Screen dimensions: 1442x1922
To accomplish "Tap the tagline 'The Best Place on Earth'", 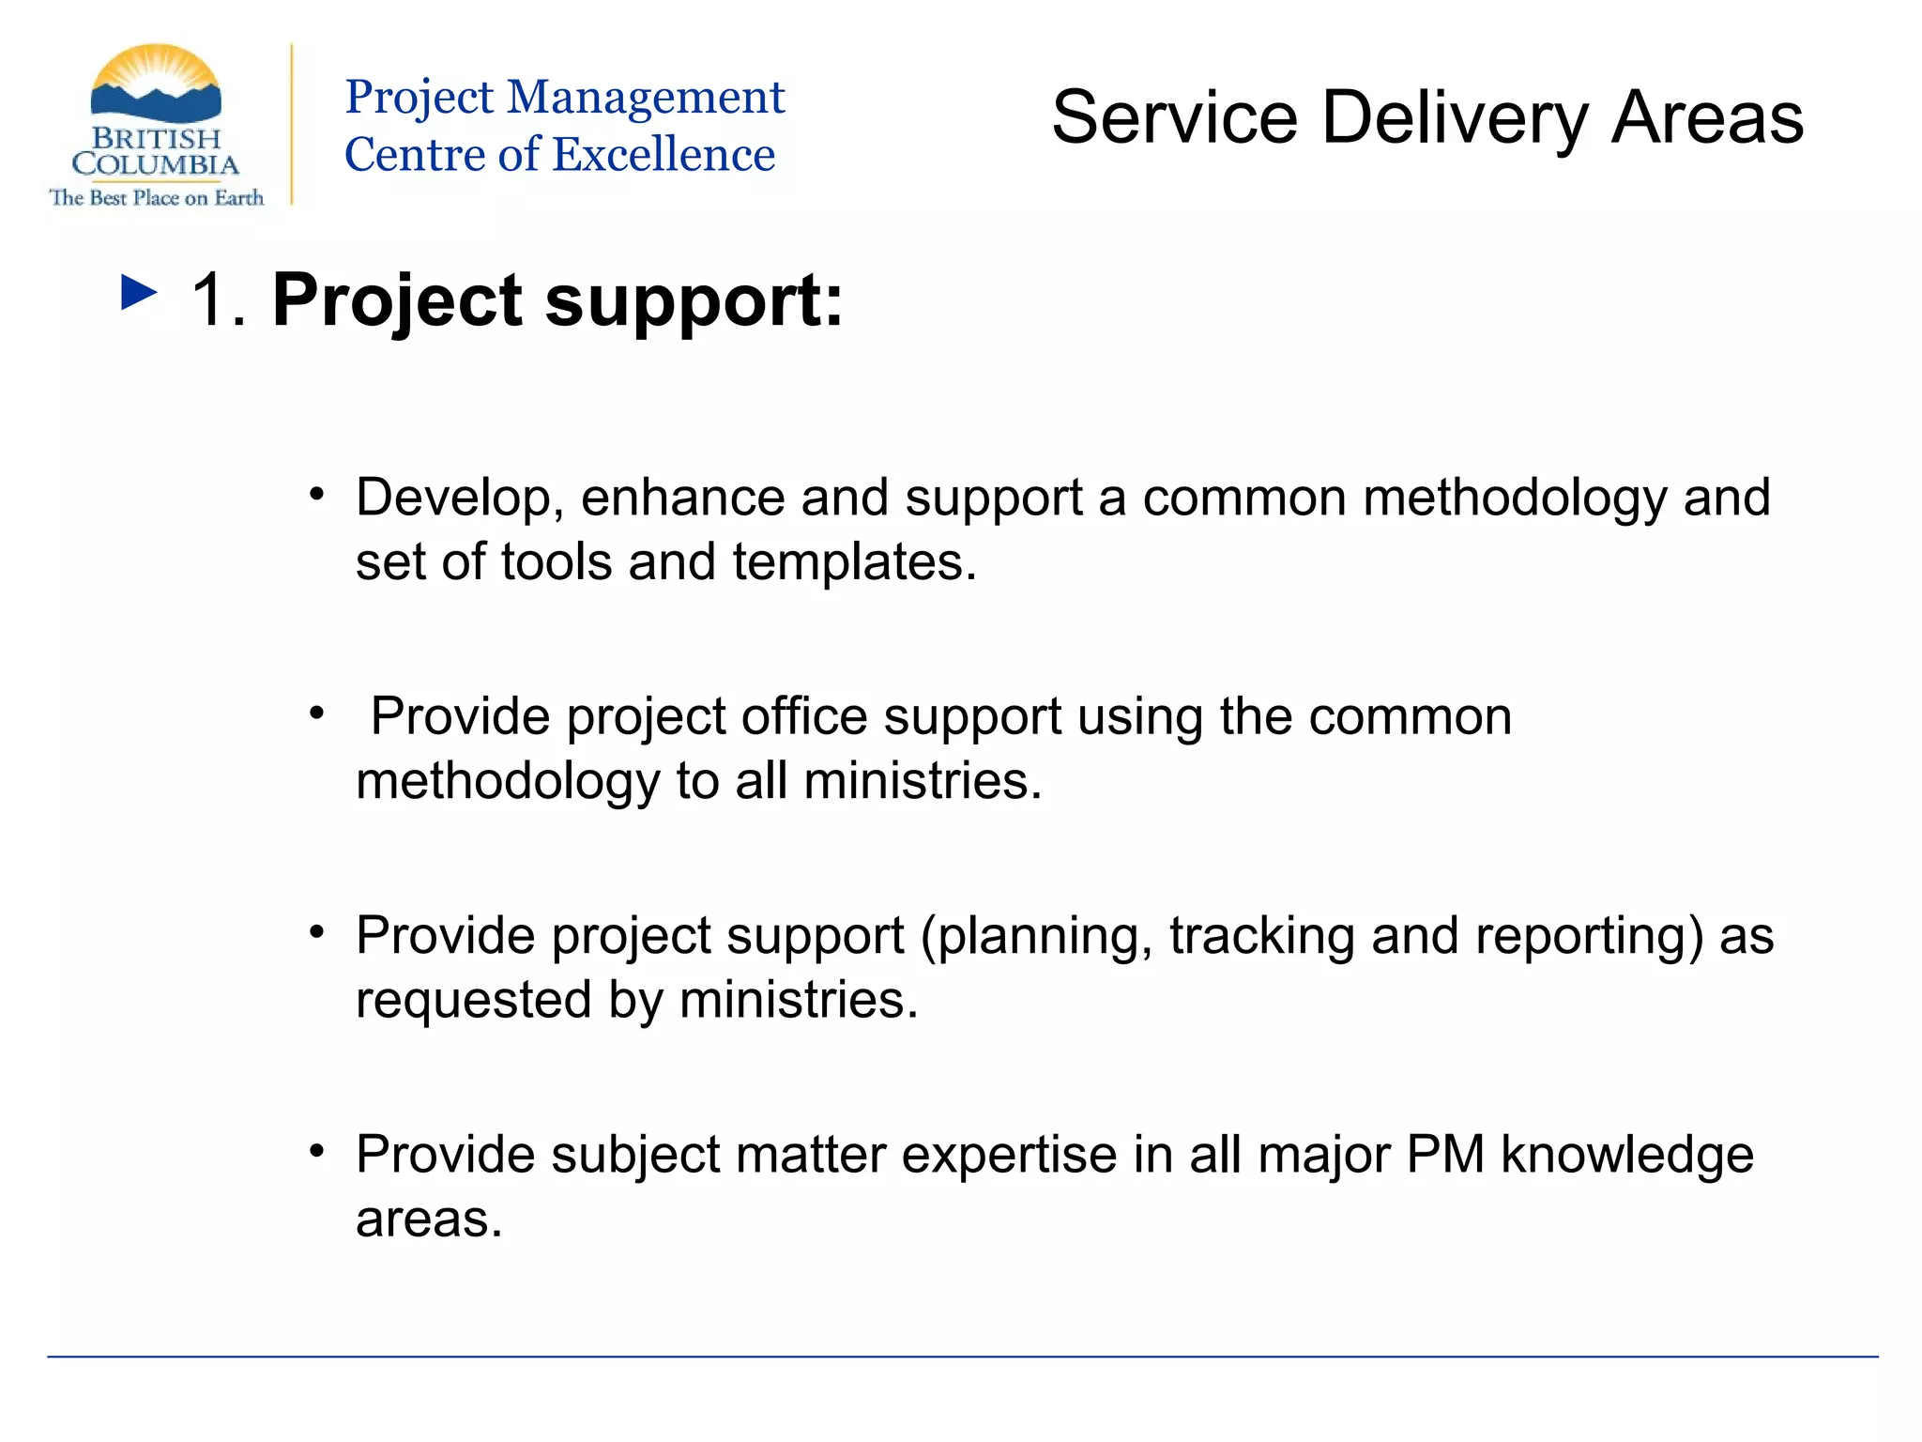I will coord(157,198).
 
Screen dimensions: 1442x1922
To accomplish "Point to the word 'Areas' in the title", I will coord(1707,118).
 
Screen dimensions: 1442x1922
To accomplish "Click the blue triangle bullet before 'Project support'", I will coord(139,293).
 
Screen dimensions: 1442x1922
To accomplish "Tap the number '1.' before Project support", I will coord(220,301).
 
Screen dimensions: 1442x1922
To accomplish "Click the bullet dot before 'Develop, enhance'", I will coord(317,494).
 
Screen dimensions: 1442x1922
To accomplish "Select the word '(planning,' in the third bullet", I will coord(1036,937).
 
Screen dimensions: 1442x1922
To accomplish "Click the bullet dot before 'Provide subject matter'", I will coord(317,1151).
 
